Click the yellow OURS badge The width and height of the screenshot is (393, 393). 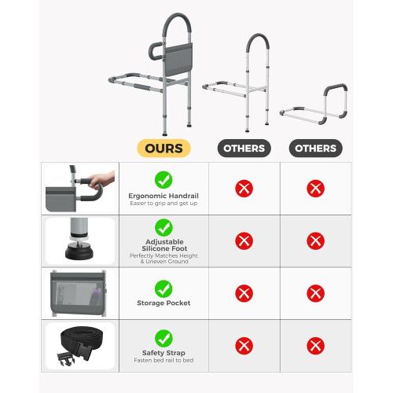[163, 149]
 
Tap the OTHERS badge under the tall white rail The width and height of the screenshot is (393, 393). [244, 149]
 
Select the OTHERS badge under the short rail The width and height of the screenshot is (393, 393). [315, 149]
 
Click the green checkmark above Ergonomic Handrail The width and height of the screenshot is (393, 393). [163, 180]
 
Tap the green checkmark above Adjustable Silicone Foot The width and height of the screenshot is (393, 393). [163, 227]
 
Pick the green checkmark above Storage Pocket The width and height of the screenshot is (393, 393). [163, 288]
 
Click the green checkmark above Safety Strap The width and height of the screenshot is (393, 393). [163, 338]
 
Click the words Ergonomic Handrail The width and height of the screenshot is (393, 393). [163, 196]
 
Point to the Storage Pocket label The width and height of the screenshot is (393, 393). [163, 303]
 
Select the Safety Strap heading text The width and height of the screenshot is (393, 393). [163, 353]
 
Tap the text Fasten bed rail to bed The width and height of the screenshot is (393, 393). [163, 360]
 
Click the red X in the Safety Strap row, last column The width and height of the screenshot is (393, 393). [315, 346]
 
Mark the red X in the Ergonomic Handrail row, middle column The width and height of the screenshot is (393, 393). [244, 189]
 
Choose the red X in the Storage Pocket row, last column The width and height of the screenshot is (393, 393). [315, 293]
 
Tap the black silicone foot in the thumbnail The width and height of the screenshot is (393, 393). [79, 252]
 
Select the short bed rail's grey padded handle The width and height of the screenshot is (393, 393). [336, 88]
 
